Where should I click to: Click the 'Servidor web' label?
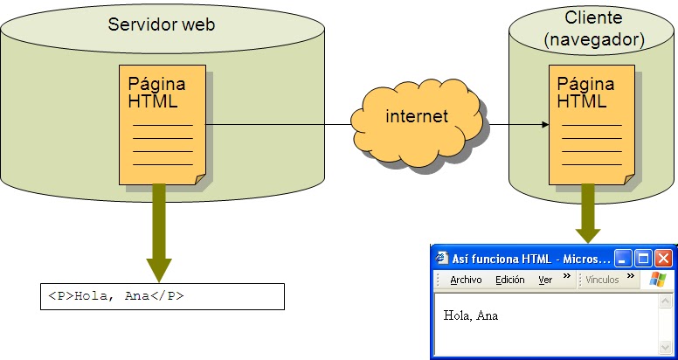point(161,24)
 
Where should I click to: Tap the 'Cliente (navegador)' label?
point(593,30)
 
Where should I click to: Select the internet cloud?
point(417,117)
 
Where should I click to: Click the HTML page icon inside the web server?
point(163,124)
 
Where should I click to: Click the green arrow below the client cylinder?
point(588,214)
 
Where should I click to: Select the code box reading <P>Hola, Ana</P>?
point(163,296)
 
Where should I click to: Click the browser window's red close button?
point(663,259)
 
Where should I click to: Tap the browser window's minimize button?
point(623,259)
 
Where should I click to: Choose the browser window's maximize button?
point(643,259)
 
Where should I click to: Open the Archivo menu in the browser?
point(466,280)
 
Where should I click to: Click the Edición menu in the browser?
point(509,280)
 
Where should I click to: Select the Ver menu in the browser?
point(545,280)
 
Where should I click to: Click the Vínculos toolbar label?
point(602,280)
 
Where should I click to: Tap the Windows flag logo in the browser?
point(657,280)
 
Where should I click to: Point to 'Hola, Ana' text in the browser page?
point(471,315)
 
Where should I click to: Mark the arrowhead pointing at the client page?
point(544,125)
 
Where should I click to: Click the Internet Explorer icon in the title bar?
point(442,259)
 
